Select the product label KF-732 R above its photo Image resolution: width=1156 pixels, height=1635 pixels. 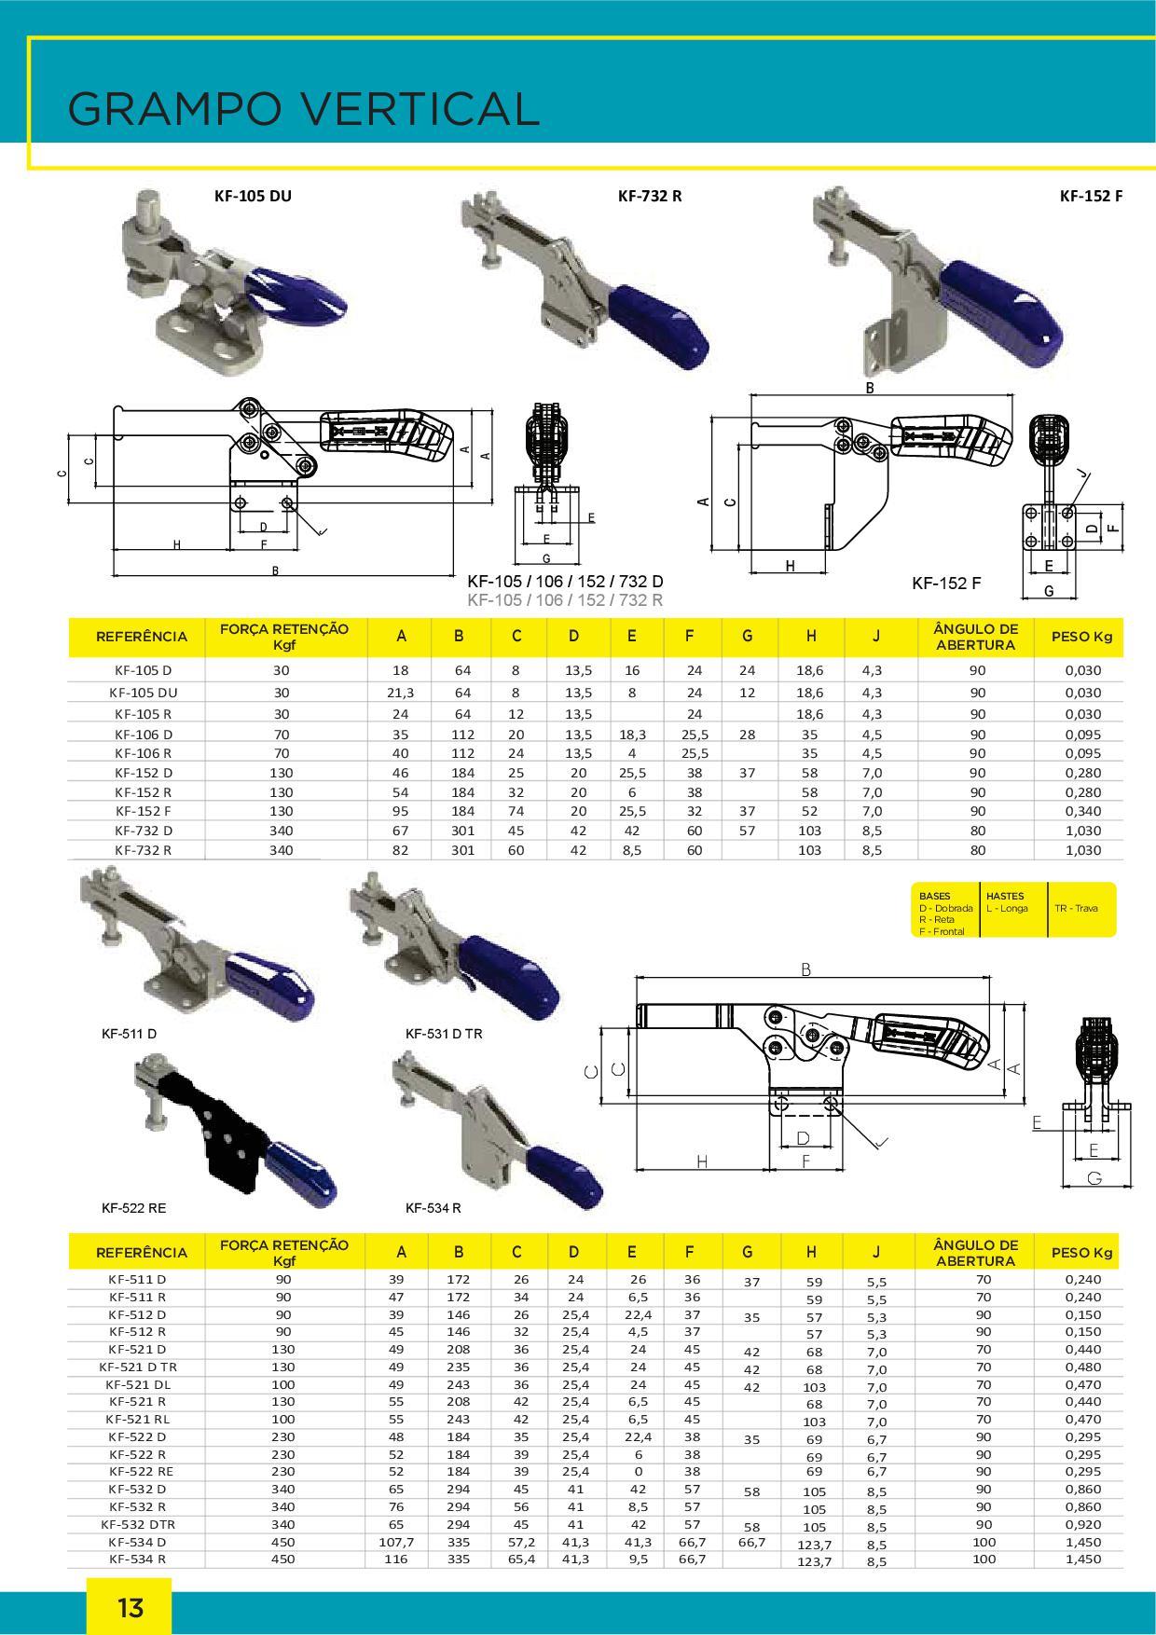650,196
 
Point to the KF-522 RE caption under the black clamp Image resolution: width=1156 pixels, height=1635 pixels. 133,1207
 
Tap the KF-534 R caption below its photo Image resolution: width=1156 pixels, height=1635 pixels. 433,1207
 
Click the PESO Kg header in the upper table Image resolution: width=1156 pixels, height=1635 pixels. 1081,637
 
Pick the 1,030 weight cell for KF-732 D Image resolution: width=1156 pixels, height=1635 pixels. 1082,831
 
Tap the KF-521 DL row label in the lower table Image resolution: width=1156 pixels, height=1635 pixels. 138,1384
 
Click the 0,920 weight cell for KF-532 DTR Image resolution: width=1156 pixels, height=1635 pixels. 1082,1524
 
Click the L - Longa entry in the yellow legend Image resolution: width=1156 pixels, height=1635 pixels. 1007,907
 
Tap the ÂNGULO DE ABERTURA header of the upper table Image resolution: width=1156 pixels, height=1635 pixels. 976,637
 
